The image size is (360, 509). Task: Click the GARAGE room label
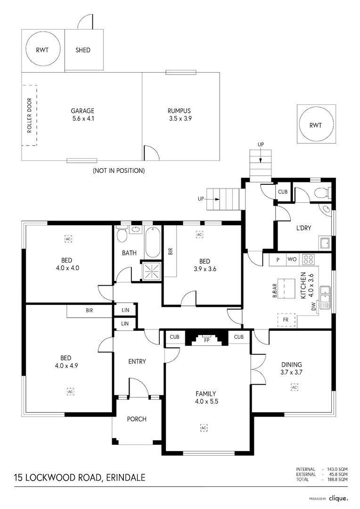click(x=82, y=111)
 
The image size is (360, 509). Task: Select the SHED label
click(x=83, y=50)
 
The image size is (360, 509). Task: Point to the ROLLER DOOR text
click(x=29, y=115)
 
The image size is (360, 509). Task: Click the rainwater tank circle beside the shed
click(x=43, y=50)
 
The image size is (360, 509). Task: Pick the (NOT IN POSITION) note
click(x=119, y=171)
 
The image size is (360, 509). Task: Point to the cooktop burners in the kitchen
click(x=309, y=259)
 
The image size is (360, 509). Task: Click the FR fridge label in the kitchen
click(x=286, y=319)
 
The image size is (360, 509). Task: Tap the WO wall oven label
click(x=292, y=259)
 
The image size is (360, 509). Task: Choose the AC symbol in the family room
click(x=204, y=427)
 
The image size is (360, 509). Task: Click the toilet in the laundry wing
click(x=321, y=193)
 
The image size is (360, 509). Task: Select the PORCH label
click(x=137, y=419)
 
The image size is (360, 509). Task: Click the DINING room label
click(x=291, y=364)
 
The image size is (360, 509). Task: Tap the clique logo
click(x=338, y=498)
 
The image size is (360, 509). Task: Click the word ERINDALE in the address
click(x=126, y=477)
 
